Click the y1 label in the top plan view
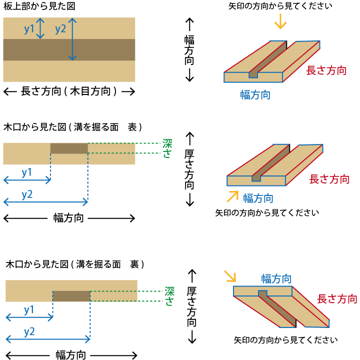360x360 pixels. pos(29,29)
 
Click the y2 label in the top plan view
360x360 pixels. pos(60,29)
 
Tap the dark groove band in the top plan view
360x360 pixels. pos(69,50)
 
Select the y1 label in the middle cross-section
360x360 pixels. pos(26,172)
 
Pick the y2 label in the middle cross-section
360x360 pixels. pos(26,194)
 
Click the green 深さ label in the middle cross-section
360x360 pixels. pos(167,148)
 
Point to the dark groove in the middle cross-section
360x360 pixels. pos(69,148)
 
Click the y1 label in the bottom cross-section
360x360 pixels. pos(29,309)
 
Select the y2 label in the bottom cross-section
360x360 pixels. pos(29,331)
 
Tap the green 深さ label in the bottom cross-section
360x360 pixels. pos(169,296)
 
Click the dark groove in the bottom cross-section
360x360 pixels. pos(71,296)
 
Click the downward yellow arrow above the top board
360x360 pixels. pos(280,21)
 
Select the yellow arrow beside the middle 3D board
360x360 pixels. pos(232,196)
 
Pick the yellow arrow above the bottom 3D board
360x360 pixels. pos(229,276)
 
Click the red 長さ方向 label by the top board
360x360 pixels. pos(326,70)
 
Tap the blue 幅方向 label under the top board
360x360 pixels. pos(255,95)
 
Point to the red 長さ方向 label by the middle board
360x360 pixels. pos(329,179)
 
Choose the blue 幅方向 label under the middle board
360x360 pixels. pos(258,198)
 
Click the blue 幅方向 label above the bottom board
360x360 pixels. pos(276,278)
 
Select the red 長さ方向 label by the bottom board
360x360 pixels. pos(337,299)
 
